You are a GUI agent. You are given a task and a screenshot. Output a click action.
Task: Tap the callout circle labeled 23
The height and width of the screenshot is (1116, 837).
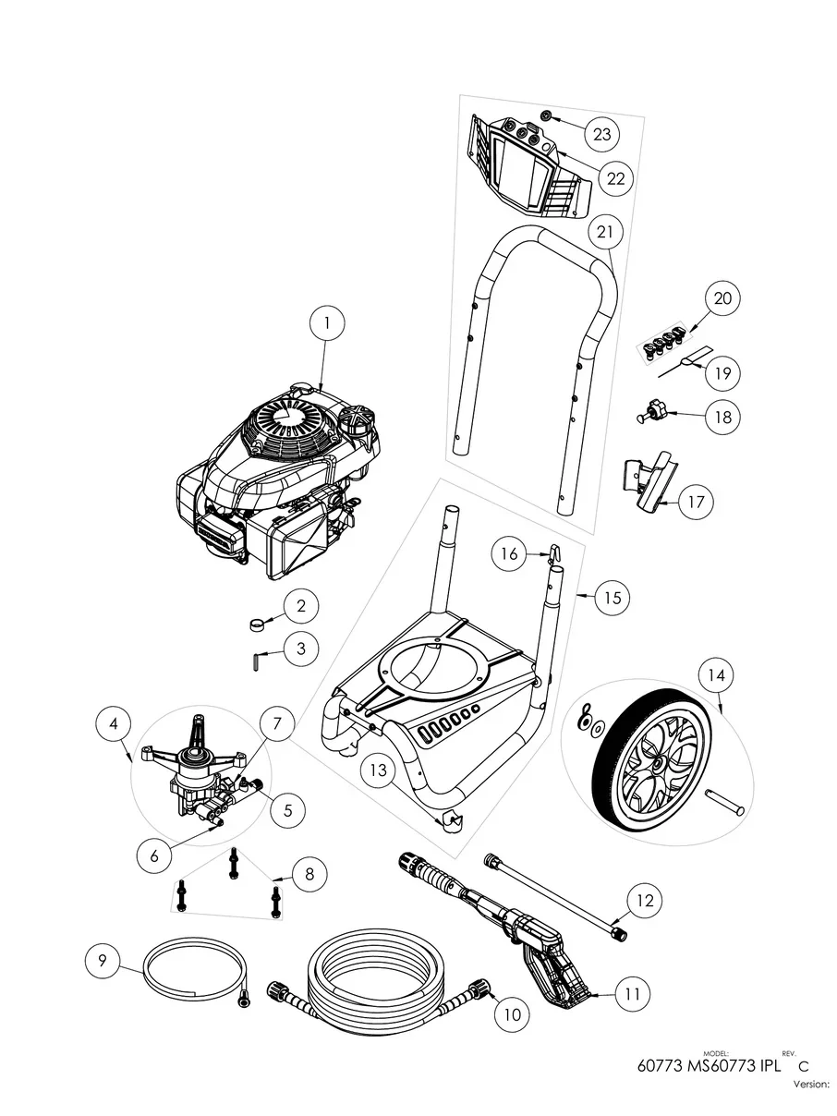[601, 134]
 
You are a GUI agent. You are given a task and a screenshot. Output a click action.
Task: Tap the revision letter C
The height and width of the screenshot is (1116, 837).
[790, 1065]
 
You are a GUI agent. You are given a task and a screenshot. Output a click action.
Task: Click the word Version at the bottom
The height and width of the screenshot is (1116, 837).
[811, 1086]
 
